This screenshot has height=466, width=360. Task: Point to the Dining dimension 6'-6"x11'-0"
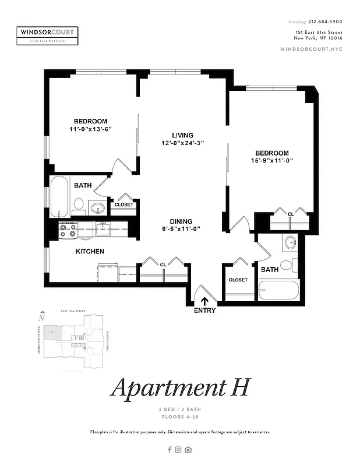181,229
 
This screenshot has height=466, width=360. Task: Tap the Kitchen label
90,252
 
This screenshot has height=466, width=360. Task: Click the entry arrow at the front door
205,301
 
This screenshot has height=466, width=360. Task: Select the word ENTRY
205,310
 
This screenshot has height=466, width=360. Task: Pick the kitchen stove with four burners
68,230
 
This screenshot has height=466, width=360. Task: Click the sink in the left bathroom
97,206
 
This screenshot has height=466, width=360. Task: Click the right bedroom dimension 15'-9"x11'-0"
271,160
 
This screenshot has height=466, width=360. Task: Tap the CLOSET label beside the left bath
123,204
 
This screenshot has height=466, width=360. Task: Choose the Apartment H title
181,387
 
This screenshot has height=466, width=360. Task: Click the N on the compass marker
41,319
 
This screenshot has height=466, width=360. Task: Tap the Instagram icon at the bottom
179,449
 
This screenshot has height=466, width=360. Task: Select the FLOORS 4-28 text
180,417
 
